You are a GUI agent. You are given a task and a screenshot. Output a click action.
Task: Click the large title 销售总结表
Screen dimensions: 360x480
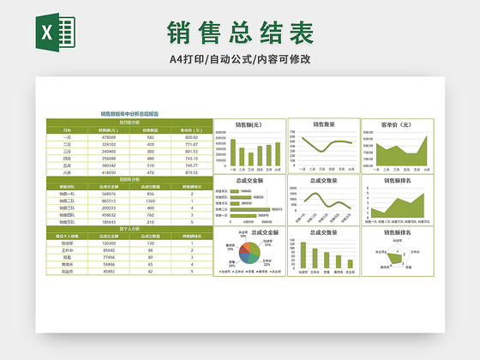239,33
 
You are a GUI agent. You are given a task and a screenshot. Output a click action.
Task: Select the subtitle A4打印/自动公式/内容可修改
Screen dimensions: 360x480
239,59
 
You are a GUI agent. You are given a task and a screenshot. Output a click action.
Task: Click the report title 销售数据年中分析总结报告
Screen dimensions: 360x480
129,113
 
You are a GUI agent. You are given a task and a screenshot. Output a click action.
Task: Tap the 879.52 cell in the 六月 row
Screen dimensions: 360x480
191,172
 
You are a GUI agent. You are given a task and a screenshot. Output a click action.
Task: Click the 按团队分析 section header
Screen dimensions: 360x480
129,179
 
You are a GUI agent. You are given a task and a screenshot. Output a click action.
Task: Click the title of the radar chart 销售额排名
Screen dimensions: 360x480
396,232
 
